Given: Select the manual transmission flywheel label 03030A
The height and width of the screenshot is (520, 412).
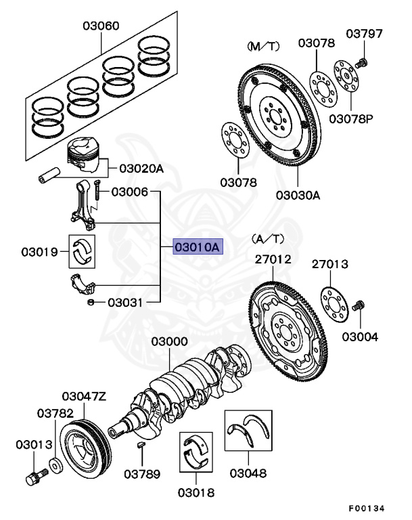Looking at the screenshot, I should pos(298,194).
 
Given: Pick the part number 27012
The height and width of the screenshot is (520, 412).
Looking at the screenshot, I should pos(273,259).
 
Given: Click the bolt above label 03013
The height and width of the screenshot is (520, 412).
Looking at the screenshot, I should pos(34,477).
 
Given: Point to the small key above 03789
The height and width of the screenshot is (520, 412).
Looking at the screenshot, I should pos(140,446).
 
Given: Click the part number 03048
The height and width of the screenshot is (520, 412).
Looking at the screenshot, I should pos(248,473).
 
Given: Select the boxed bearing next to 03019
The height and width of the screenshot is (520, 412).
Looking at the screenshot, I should pos(84,251).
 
